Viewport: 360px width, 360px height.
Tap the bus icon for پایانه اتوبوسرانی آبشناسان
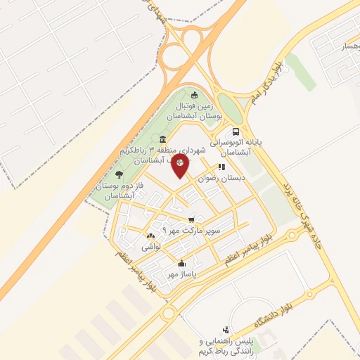[x=236, y=131]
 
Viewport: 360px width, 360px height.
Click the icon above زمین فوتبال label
[x=195, y=96]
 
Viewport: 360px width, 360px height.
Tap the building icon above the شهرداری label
[x=163, y=139]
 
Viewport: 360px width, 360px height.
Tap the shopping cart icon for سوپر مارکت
[x=191, y=220]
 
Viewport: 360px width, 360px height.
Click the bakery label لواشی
[x=151, y=247]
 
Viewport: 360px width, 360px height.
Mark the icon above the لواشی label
[x=150, y=236]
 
